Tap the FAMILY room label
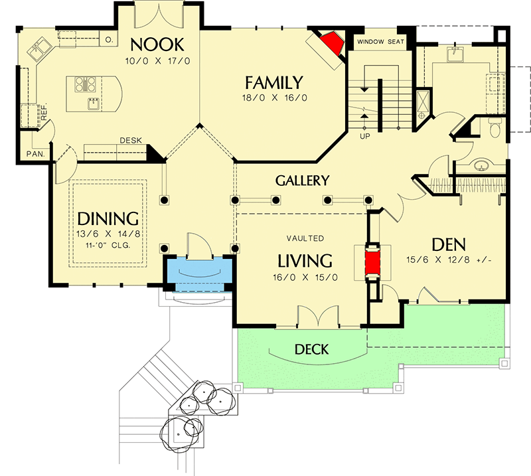pyautogui.click(x=273, y=83)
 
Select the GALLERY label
pyautogui.click(x=303, y=180)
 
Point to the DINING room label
pyautogui.click(x=108, y=218)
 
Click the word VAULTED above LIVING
pyautogui.click(x=305, y=238)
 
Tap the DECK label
pyautogui.click(x=312, y=349)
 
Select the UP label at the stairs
pyautogui.click(x=364, y=136)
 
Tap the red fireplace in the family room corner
pyautogui.click(x=330, y=45)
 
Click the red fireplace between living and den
pyautogui.click(x=371, y=261)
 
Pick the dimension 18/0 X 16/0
pyautogui.click(x=273, y=98)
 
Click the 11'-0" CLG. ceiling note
pyautogui.click(x=108, y=244)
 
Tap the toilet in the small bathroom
pyautogui.click(x=494, y=129)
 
